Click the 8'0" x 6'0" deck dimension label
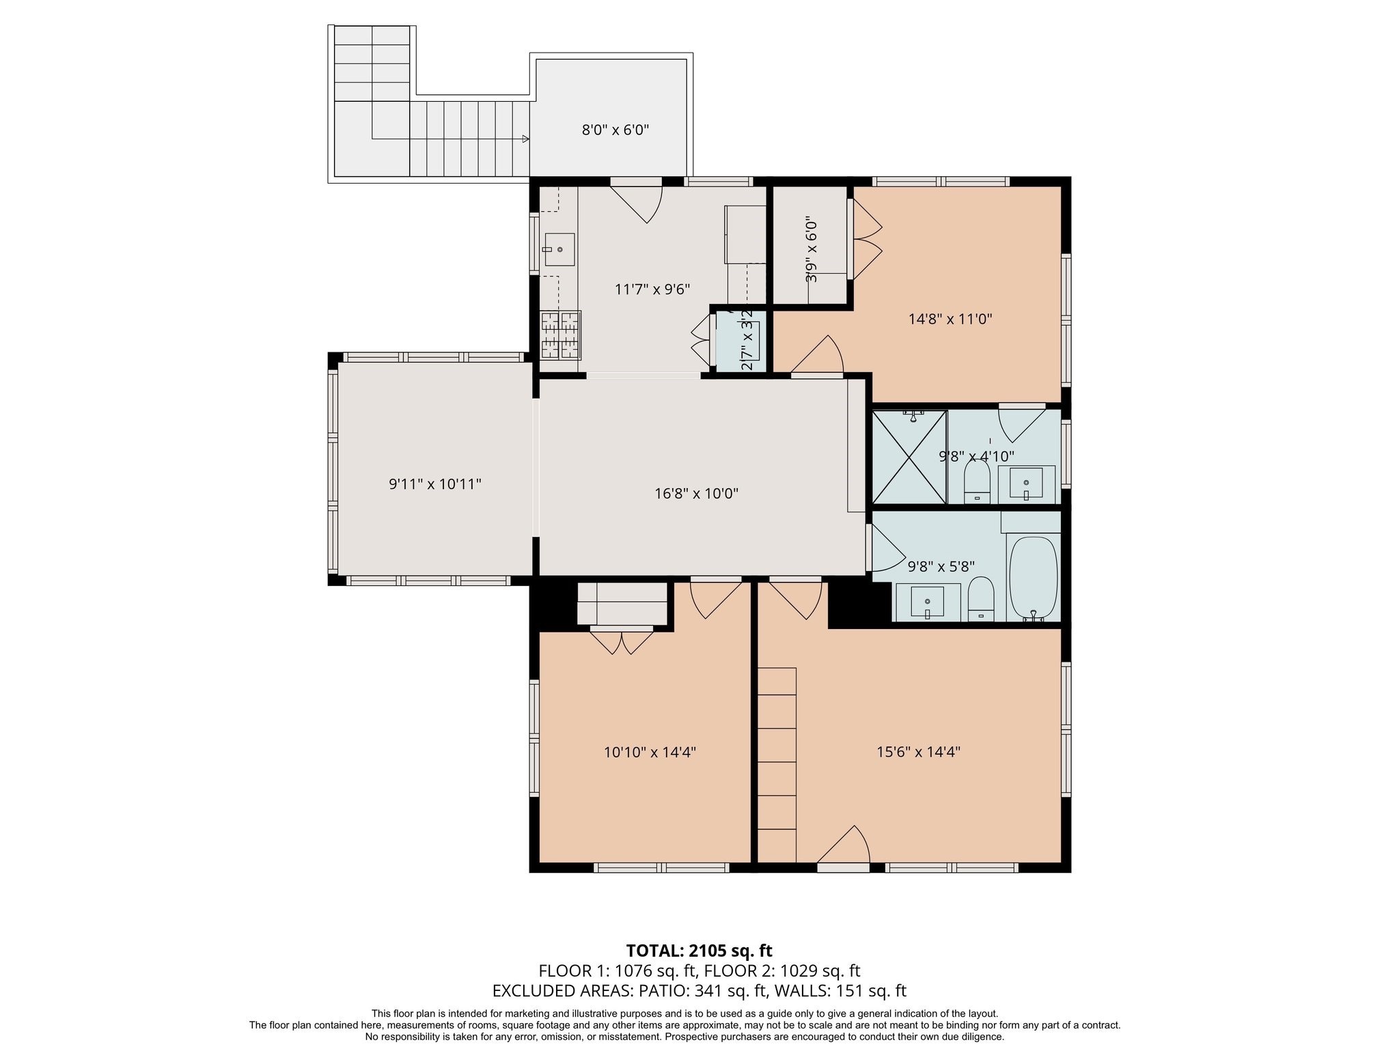tap(615, 130)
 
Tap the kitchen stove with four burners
tap(561, 335)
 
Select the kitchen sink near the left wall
tap(559, 249)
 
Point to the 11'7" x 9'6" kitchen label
tap(652, 290)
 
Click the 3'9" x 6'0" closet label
tap(811, 249)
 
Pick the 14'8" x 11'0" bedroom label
tap(950, 318)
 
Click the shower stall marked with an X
tap(909, 457)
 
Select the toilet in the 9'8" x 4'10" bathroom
tap(977, 481)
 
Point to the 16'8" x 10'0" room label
tap(696, 493)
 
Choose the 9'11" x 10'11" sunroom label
tap(435, 484)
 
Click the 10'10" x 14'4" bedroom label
tap(650, 753)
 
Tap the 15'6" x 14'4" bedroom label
tap(918, 752)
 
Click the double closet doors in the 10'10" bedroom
tap(622, 641)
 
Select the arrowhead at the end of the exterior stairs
tap(525, 139)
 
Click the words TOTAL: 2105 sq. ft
tap(699, 951)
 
